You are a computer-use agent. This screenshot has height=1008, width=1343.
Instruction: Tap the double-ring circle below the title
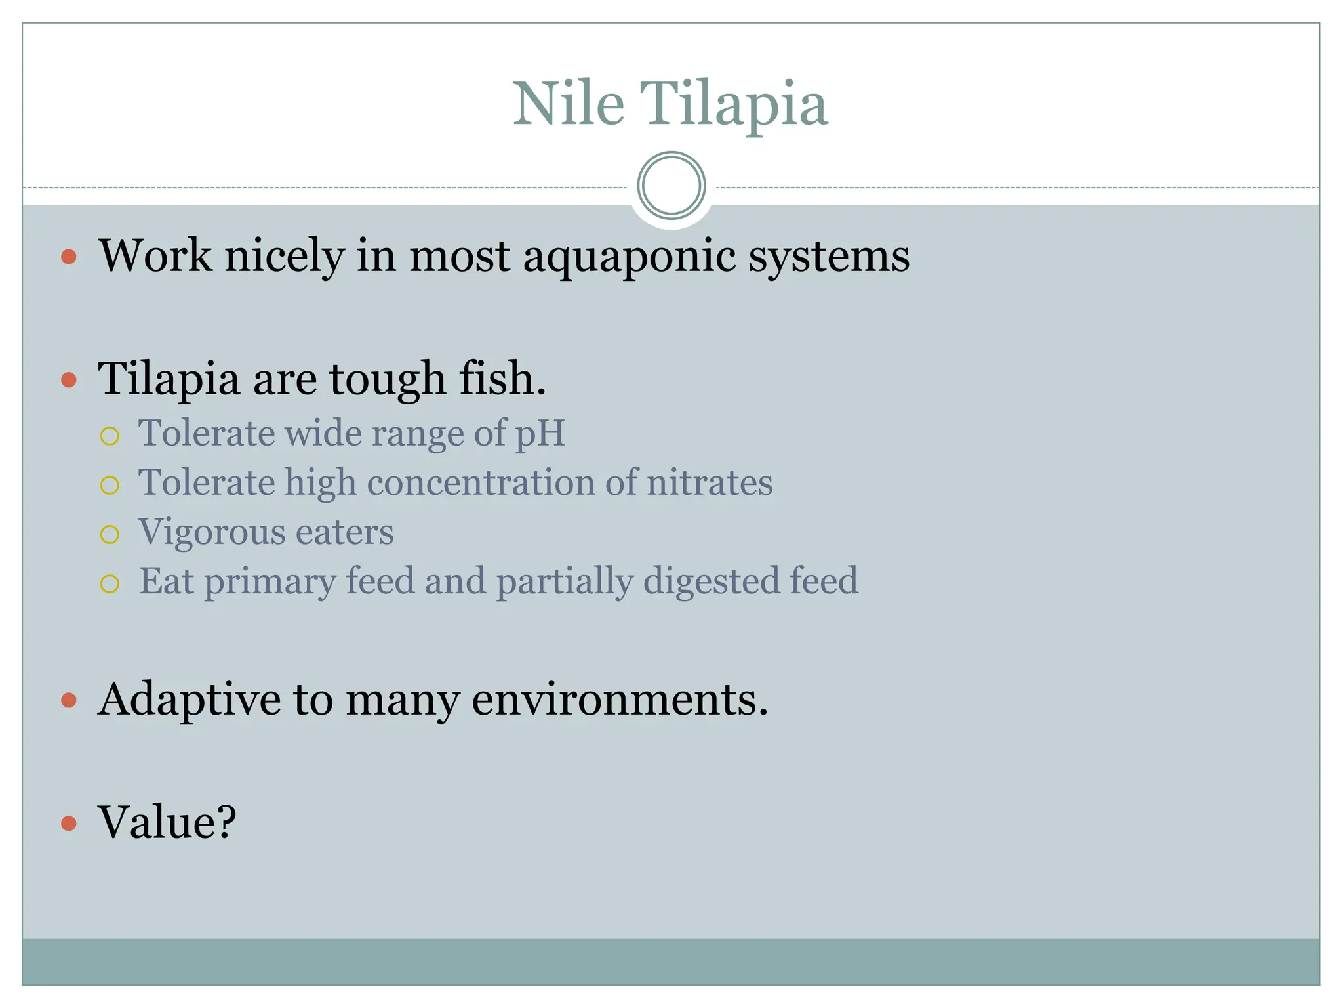coord(671,185)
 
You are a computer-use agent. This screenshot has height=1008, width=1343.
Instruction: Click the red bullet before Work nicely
coord(69,256)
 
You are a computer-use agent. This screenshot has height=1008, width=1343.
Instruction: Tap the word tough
coord(387,380)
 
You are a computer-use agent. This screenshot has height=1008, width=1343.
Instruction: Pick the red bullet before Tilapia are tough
coord(69,379)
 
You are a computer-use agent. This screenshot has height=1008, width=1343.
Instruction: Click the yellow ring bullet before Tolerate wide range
coord(110,436)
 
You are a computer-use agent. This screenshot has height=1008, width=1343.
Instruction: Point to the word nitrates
coord(710,482)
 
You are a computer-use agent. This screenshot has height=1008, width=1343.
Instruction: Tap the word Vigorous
coord(209,532)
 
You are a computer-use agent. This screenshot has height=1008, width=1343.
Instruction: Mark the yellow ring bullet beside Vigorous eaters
coord(110,534)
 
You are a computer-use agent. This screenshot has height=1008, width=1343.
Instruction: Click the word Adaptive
coord(190,700)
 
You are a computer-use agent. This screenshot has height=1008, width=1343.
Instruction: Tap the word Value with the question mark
coord(167,822)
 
